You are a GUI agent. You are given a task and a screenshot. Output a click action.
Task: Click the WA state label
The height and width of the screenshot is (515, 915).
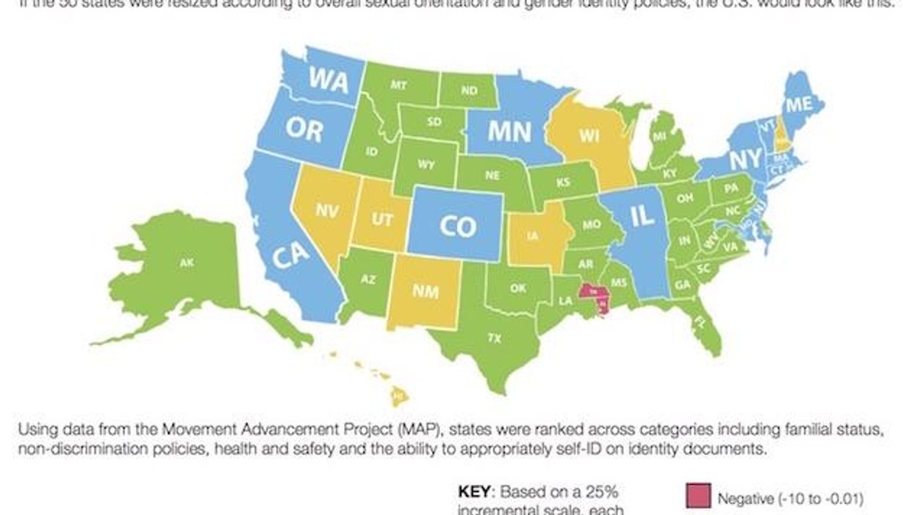328,79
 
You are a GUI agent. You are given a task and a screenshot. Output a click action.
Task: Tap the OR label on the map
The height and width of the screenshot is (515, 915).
304,131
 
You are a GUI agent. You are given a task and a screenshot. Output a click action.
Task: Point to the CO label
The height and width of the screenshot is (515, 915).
457,227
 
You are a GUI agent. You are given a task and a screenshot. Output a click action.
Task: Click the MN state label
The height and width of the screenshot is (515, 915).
509,132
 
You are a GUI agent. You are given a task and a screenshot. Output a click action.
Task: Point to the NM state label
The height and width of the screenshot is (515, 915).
425,292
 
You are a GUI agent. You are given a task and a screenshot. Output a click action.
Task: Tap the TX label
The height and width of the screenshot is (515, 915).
494,338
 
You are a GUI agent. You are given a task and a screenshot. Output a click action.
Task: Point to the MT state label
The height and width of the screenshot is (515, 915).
398,85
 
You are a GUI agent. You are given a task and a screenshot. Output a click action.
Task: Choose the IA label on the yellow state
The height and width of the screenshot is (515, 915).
531,237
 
